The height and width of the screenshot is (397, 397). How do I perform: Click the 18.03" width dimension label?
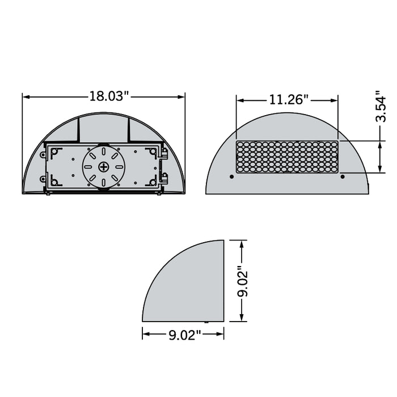tap(109, 96)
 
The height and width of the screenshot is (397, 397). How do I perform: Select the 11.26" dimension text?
tap(288, 100)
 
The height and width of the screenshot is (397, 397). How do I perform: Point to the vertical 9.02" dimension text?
tap(243, 282)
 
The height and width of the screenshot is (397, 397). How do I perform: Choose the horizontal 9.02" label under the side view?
tap(184, 335)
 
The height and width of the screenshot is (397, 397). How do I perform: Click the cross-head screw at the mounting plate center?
tap(104, 167)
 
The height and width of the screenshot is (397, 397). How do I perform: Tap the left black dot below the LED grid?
tap(231, 177)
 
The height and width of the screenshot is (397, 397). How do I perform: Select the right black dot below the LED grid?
tap(342, 177)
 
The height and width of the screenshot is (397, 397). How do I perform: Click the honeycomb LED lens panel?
tap(287, 157)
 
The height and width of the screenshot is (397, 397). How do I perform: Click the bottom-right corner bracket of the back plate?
tap(152, 181)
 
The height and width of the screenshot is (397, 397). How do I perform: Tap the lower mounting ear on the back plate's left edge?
tap(43, 179)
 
